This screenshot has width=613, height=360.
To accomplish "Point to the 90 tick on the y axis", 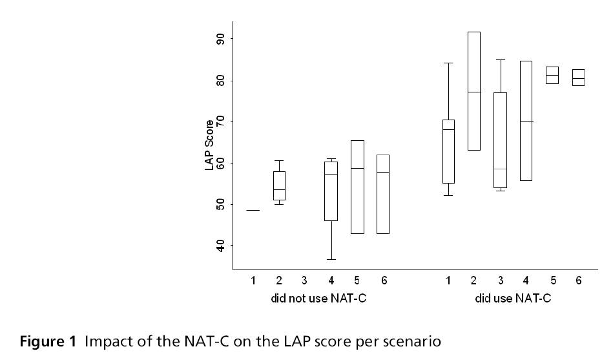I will point(221,39).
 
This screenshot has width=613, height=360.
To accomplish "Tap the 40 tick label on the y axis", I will point(221,246).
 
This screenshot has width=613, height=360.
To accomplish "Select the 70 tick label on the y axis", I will point(221,122).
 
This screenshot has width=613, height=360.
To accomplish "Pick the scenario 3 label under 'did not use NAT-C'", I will point(305,281).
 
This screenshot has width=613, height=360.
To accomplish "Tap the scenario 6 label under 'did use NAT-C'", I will point(578,281).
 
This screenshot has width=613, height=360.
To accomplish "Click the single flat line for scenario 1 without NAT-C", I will point(253,210).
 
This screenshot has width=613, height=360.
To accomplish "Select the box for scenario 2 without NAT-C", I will point(279,186).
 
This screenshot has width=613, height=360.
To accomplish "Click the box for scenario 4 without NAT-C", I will point(331,191).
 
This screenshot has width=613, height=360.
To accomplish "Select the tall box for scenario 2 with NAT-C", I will point(473,90).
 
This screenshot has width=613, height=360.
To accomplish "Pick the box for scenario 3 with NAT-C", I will point(499,140).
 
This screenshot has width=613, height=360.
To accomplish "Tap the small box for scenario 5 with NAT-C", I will point(552,75).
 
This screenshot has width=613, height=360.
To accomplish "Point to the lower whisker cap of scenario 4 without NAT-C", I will point(331,259).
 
